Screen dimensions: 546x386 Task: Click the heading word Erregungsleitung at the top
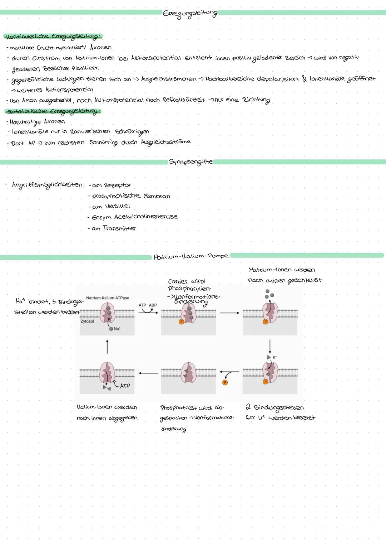[190, 14]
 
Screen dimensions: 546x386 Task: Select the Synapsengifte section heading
[190, 162]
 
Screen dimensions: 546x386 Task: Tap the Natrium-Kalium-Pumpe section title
[191, 256]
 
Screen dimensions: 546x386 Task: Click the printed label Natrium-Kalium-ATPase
[108, 298]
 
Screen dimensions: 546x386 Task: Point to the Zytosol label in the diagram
[87, 322]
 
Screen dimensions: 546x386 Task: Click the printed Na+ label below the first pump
[117, 329]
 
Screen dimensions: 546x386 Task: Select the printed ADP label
[153, 305]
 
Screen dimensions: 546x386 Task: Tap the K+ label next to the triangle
[274, 357]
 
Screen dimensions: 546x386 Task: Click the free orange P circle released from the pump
[225, 382]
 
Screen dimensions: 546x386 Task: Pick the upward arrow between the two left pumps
[107, 347]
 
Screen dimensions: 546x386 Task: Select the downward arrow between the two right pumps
[270, 347]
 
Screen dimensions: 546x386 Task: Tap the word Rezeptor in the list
[117, 185]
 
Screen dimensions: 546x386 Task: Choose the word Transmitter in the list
[119, 228]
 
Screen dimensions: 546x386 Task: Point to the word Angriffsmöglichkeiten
[48, 185]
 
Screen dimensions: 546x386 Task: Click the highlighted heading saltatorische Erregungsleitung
[53, 111]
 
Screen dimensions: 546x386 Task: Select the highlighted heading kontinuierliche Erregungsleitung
[53, 37]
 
